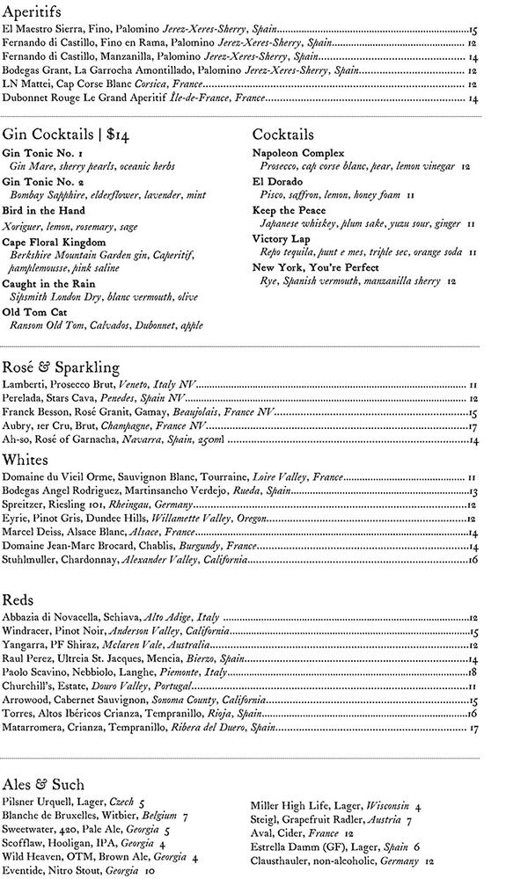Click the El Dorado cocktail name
point(277,182)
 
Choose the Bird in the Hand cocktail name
point(43,211)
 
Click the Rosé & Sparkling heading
point(61,367)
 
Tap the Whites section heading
point(27,460)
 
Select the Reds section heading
point(18,599)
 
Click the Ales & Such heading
point(43,784)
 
